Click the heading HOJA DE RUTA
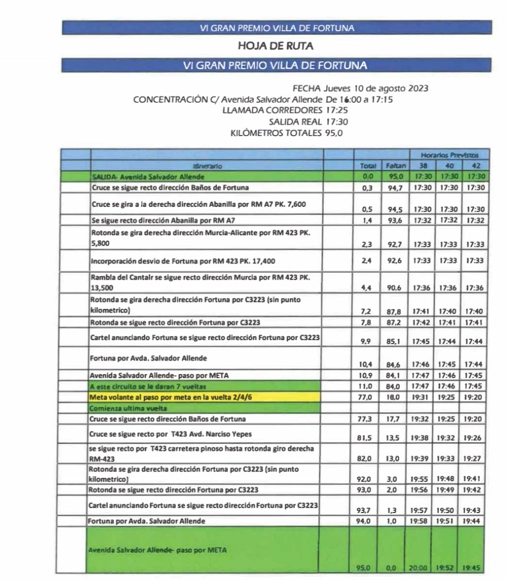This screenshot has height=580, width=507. pos(276,46)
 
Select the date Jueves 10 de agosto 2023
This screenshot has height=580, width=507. pos(375,88)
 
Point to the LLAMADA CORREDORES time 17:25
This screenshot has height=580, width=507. pos(337,110)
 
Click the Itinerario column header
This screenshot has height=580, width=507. pos(207,166)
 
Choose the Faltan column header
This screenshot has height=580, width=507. pos(396,166)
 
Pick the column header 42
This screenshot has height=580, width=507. pos(475,166)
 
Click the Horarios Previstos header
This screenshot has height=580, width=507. pos(449,155)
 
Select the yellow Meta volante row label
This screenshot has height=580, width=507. pos(171,397)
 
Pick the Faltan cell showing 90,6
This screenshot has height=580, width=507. pos(395,288)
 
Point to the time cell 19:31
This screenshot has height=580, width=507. pos(420,397)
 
